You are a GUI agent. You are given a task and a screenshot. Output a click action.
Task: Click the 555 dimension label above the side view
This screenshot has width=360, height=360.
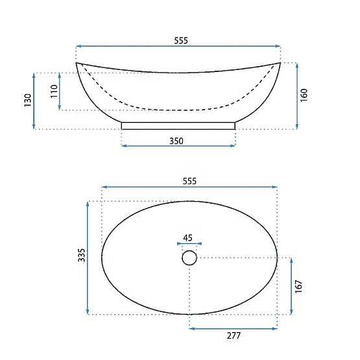click(x=180, y=40)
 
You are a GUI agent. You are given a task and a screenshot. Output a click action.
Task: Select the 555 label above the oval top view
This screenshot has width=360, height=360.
click(x=189, y=181)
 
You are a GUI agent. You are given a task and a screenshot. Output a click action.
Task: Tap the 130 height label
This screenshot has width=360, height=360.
click(x=27, y=101)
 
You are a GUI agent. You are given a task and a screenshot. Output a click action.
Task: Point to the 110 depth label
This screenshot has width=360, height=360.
click(x=54, y=91)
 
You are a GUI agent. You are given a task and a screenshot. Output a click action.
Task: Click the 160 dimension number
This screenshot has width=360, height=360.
click(x=304, y=95)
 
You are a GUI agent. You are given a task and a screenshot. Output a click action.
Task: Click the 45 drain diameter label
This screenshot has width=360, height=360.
click(x=188, y=237)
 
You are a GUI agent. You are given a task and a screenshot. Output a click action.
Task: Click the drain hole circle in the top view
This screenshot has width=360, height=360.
click(x=189, y=258)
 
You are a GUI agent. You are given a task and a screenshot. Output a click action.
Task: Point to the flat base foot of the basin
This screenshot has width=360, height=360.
click(x=178, y=125)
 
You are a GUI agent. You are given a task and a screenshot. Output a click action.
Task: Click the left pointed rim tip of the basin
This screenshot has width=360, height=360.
click(x=77, y=63)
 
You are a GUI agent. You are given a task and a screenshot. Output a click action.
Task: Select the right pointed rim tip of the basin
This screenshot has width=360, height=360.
click(x=280, y=63)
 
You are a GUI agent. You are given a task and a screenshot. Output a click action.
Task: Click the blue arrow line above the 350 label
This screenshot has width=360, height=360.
click(x=178, y=145)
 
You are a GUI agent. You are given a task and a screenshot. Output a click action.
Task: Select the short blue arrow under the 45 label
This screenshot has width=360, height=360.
click(x=189, y=245)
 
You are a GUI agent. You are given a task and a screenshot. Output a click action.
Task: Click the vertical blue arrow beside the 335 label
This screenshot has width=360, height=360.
click(x=88, y=258)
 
